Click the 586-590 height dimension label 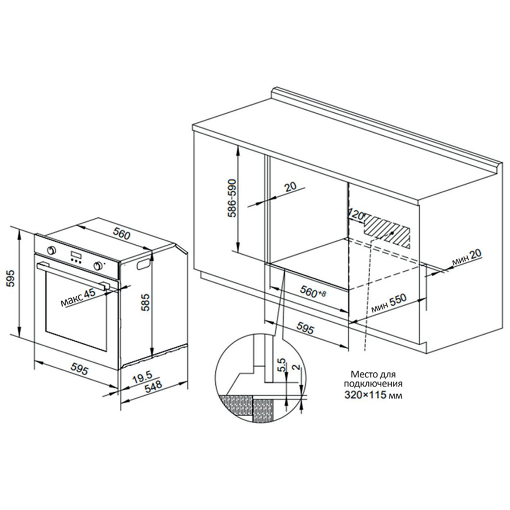233,198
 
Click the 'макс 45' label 79,298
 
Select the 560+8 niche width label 313,291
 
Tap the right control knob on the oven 97,265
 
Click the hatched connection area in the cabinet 387,232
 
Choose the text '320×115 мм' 373,396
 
